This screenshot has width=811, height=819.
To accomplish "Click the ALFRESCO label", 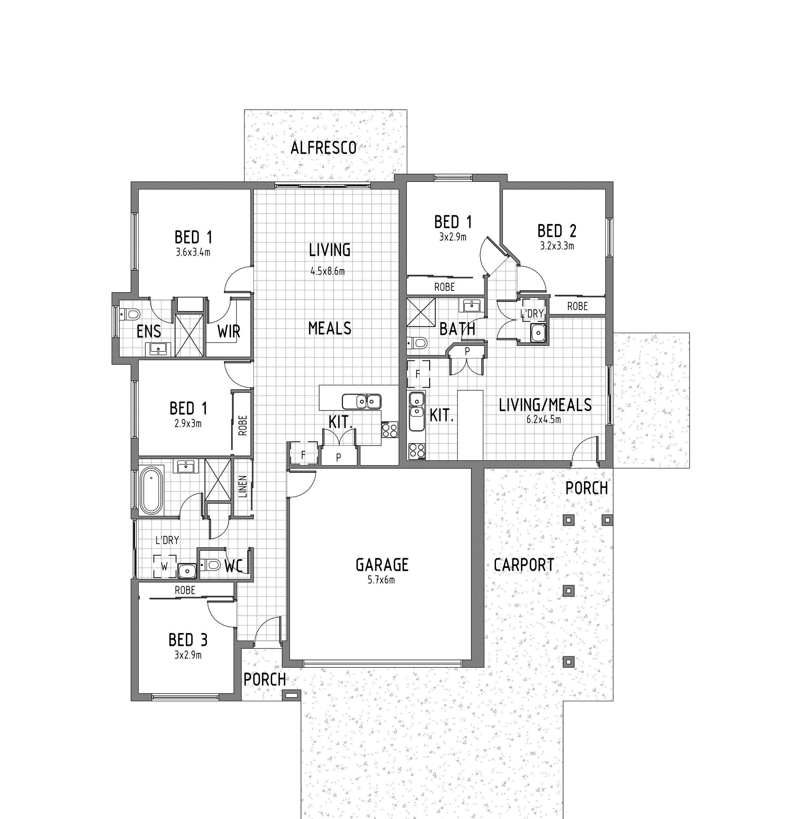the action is [x=323, y=148].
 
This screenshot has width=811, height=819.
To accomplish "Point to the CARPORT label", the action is [x=524, y=565].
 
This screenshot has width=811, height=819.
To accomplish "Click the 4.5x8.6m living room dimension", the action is [x=327, y=271].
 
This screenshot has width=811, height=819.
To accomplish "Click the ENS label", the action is [x=149, y=332].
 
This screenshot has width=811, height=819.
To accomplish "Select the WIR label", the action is [x=229, y=332].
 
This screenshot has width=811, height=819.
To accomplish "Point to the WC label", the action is [x=233, y=566].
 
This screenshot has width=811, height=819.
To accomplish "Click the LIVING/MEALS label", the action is [x=545, y=405].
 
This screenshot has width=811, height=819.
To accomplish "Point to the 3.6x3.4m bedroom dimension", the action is [x=193, y=253].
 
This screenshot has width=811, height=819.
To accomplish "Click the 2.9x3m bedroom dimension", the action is [x=188, y=423].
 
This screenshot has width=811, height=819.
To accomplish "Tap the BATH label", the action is [x=457, y=329].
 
